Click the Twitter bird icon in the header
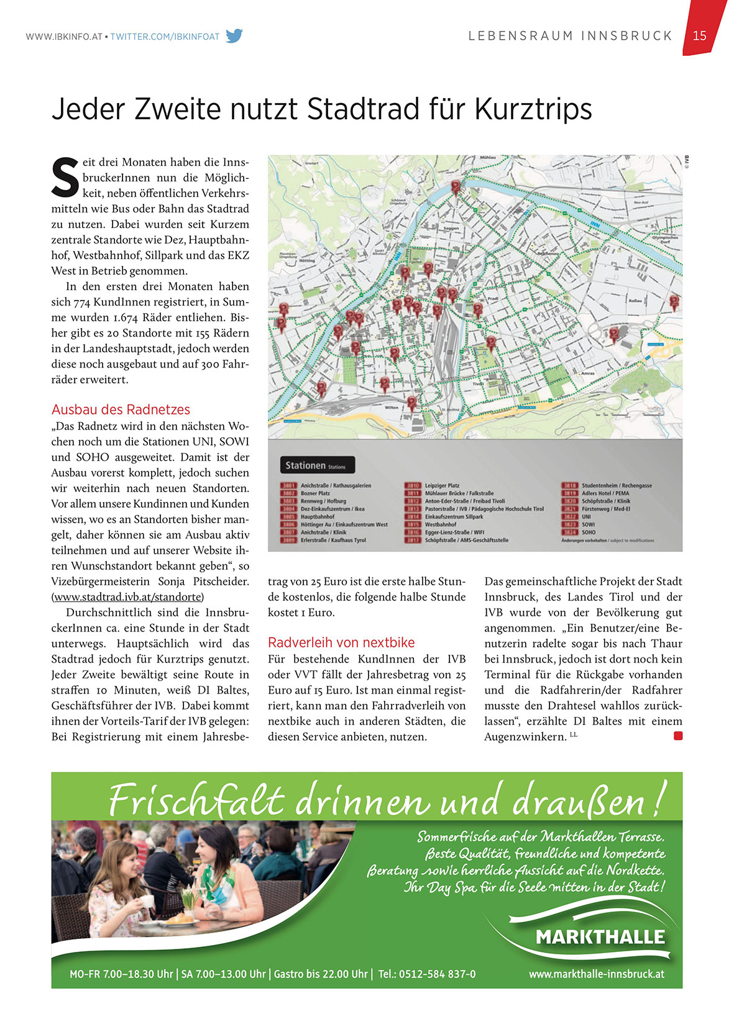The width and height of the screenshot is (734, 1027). [x=234, y=36]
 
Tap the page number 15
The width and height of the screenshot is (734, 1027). [x=700, y=35]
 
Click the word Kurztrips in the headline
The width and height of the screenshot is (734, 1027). [x=533, y=109]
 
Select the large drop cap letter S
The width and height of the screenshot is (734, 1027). [x=65, y=176]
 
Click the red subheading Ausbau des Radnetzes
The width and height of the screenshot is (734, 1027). [x=121, y=410]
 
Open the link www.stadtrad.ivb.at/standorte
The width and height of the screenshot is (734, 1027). [x=128, y=597]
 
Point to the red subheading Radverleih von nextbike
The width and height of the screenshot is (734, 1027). [x=341, y=643]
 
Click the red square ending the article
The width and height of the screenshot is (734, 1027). [x=678, y=736]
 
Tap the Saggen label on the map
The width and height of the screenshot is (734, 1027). [x=451, y=228]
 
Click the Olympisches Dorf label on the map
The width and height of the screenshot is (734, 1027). [x=664, y=239]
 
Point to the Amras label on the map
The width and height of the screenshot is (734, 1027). [x=587, y=373]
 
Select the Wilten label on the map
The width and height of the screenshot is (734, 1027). [x=392, y=408]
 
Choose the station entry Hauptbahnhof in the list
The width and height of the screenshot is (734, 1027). [x=318, y=517]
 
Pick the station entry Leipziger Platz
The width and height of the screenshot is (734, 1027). [x=442, y=486]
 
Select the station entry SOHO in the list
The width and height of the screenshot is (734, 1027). [x=589, y=532]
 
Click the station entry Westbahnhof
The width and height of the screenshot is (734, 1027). [x=441, y=525]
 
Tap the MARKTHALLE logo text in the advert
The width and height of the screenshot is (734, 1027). [x=600, y=937]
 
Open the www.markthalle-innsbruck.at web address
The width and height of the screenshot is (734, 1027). [x=596, y=974]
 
